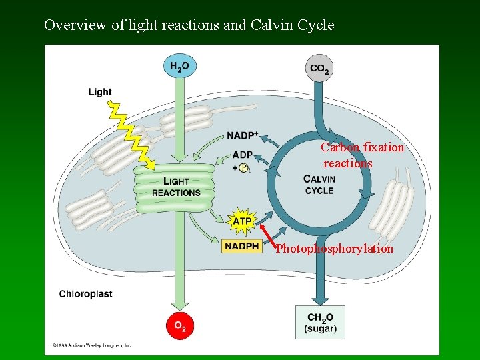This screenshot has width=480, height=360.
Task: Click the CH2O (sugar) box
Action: click(320, 323)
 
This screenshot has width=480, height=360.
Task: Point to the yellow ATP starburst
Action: click(243, 221)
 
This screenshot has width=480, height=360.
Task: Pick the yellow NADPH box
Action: click(241, 246)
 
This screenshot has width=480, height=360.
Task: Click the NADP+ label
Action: click(242, 135)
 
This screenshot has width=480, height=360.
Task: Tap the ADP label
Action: click(243, 155)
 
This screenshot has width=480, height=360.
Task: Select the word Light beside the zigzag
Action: click(100, 91)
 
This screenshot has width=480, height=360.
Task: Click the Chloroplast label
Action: click(85, 293)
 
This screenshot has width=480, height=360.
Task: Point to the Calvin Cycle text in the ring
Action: click(319, 185)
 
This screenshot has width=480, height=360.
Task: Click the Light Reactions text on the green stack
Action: click(176, 187)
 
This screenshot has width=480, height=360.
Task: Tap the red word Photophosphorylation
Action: click(335, 249)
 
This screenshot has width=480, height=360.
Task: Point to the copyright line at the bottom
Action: click(92, 345)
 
